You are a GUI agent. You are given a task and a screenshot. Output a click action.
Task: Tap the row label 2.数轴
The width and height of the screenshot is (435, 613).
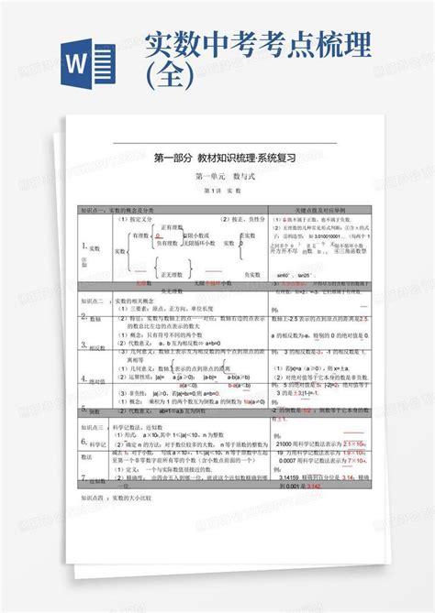94,317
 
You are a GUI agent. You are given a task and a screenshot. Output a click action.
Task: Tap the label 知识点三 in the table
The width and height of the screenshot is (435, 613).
93,427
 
